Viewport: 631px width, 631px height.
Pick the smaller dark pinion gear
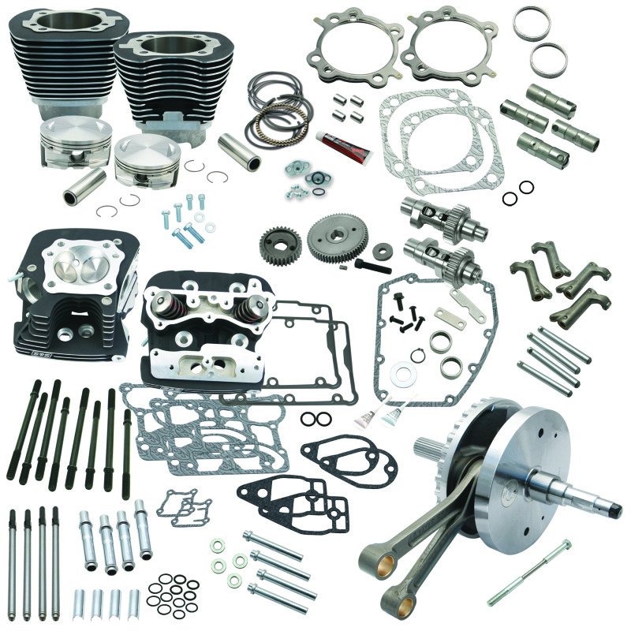pos(278,240)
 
